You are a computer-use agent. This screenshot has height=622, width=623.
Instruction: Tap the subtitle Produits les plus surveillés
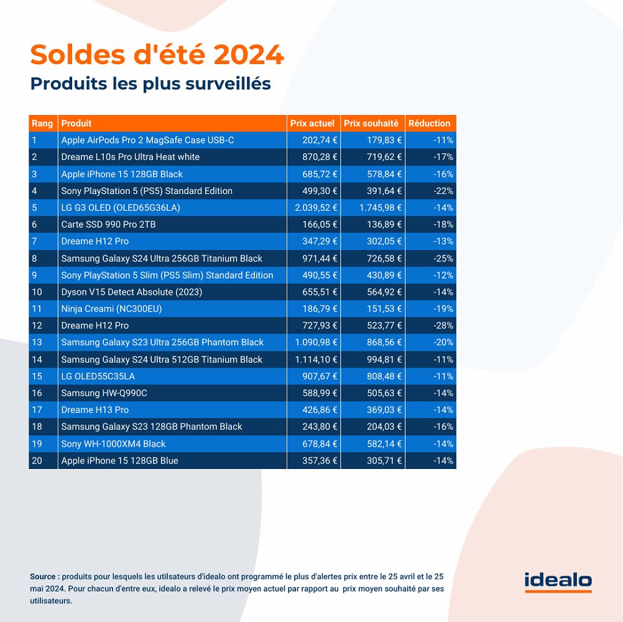tap(150, 83)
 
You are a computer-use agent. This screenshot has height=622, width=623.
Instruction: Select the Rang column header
tap(42, 123)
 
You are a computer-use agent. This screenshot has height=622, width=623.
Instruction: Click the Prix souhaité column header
tap(371, 123)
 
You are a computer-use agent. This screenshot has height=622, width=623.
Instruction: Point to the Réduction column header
tap(430, 123)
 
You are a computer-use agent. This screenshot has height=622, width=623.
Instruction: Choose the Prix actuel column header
tap(312, 123)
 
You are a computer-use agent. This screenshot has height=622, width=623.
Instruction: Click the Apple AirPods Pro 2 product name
tap(147, 140)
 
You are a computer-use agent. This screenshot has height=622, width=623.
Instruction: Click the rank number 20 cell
tap(37, 460)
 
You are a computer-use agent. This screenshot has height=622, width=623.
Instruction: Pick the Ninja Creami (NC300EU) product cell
tap(111, 309)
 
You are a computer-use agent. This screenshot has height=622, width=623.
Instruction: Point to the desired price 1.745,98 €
tap(380, 208)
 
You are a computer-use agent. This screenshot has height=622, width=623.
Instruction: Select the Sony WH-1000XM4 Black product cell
tap(113, 443)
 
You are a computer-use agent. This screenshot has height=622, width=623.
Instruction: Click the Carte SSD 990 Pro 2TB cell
tap(108, 225)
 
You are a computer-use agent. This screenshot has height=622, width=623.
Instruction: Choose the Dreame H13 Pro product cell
tap(95, 410)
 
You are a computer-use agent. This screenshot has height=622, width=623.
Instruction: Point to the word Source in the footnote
tap(43, 576)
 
